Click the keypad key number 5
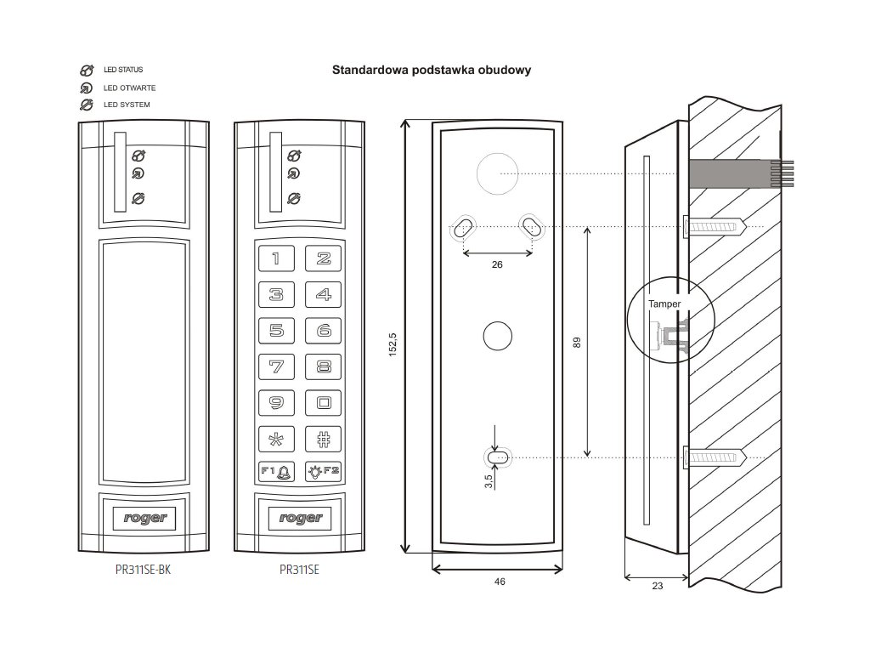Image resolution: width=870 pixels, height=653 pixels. click(x=276, y=331)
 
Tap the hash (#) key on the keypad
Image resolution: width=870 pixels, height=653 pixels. click(x=323, y=440)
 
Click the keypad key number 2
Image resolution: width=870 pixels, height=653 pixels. click(x=323, y=258)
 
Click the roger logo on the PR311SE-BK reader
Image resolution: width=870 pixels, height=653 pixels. click(x=145, y=517)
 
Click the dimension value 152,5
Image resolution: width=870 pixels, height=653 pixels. click(x=393, y=344)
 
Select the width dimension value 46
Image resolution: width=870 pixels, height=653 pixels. click(x=500, y=582)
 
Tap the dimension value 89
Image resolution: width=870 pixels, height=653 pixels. click(x=576, y=342)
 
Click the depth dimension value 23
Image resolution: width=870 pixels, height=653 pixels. click(x=657, y=585)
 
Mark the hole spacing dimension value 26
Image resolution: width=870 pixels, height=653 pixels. click(x=498, y=264)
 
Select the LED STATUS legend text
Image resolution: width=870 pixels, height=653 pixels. click(x=123, y=70)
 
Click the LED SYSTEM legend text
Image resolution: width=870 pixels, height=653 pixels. click(x=127, y=105)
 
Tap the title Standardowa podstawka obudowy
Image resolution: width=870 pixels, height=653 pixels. click(x=432, y=70)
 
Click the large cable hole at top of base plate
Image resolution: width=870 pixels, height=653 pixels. click(x=496, y=173)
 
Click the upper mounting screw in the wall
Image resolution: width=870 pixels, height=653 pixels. click(x=715, y=226)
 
